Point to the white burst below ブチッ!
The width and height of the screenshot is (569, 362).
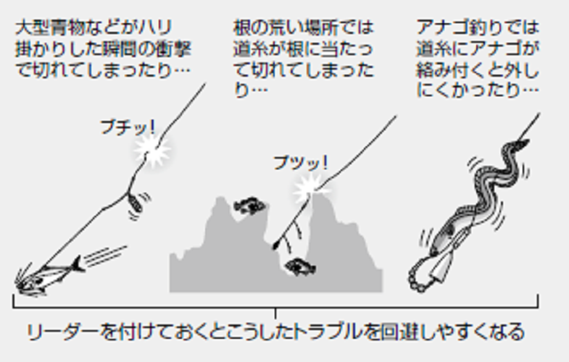pos(153,151)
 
